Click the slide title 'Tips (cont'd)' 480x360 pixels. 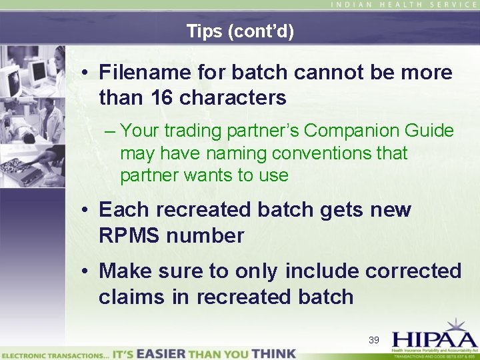click(x=240, y=31)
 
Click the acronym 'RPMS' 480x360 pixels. click(x=131, y=235)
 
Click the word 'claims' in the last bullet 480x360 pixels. click(x=132, y=297)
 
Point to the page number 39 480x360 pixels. click(x=373, y=340)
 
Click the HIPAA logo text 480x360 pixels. click(x=433, y=337)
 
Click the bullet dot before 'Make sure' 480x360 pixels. click(x=85, y=272)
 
